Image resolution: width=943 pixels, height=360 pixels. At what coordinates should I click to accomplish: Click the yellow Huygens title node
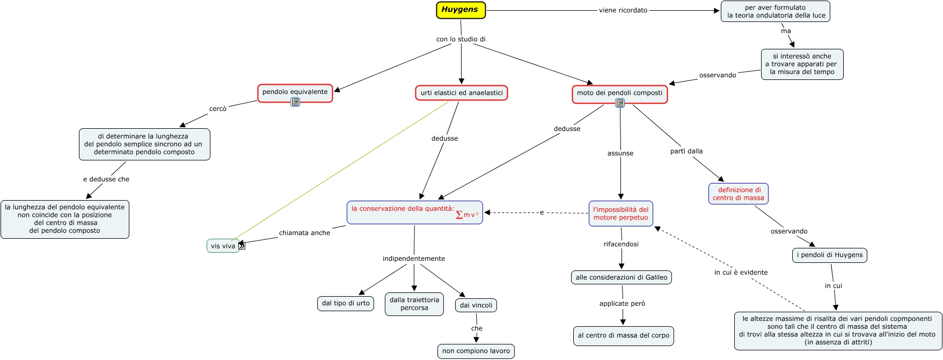[x=460, y=10]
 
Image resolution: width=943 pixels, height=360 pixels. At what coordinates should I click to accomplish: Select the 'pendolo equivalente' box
[x=295, y=92]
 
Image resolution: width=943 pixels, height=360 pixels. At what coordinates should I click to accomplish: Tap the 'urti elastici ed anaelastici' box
[x=462, y=93]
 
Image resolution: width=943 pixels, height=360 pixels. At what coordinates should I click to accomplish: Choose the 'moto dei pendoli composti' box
[x=619, y=93]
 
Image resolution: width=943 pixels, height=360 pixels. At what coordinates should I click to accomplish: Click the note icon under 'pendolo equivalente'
[x=295, y=102]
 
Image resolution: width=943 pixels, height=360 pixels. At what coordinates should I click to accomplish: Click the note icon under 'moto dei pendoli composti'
[x=620, y=103]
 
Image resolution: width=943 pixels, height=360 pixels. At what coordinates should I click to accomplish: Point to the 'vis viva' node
[x=223, y=246]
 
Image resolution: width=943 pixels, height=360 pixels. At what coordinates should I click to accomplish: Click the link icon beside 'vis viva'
[x=242, y=246]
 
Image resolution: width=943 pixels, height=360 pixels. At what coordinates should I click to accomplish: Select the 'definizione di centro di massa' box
[x=739, y=194]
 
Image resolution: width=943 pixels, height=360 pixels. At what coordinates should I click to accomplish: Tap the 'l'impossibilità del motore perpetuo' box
[x=621, y=214]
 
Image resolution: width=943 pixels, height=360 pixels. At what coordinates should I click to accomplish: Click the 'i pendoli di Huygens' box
[x=829, y=255]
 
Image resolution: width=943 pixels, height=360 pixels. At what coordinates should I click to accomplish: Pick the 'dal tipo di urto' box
[x=346, y=303]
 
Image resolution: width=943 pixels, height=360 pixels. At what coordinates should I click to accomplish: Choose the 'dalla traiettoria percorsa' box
[x=414, y=304]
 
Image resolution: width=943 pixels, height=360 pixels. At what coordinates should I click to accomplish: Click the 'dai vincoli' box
[x=476, y=305]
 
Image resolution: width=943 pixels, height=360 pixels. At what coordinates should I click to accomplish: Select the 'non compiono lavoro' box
[x=476, y=351]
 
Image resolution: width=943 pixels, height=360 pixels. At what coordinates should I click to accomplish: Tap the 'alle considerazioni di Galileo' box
[x=622, y=277]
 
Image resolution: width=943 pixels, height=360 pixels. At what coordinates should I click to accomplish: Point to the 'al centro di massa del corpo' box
[x=624, y=335]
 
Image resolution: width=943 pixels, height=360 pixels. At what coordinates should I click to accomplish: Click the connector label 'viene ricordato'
[x=623, y=10]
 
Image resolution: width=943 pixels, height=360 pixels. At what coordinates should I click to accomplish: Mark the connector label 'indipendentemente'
[x=414, y=259]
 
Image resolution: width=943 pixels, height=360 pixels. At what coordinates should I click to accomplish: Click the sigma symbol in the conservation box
[x=459, y=215]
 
